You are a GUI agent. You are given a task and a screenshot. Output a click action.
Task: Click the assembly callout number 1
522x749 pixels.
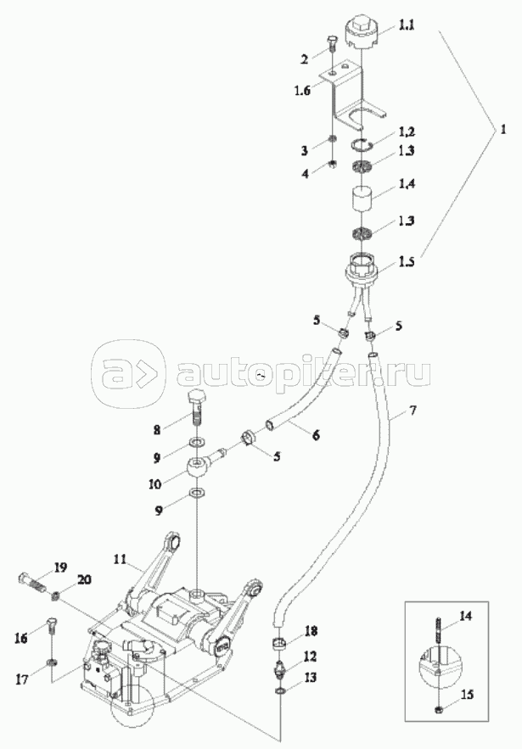tap(502, 131)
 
